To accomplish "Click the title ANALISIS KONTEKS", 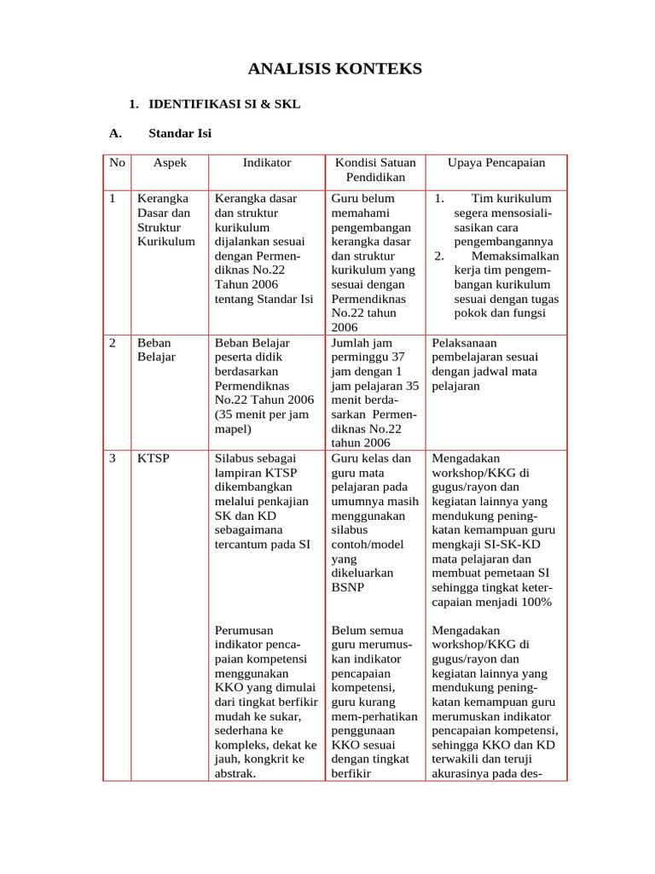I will click(x=334, y=69).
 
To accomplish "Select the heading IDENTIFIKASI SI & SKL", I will click(x=224, y=104).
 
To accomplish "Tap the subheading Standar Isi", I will click(x=180, y=133).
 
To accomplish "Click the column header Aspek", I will click(x=169, y=162).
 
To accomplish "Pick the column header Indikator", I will click(x=266, y=162).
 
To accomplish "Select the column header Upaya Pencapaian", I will click(x=496, y=162).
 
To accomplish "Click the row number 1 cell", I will click(x=113, y=198).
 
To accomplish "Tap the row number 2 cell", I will click(x=113, y=342).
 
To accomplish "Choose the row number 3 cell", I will click(x=113, y=458).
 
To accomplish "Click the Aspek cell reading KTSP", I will click(x=154, y=458).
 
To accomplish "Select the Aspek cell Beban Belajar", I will click(x=156, y=349).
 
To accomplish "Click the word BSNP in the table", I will click(x=347, y=588).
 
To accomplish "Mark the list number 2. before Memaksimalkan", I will click(x=438, y=256).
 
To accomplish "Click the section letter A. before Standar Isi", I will click(x=117, y=133).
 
